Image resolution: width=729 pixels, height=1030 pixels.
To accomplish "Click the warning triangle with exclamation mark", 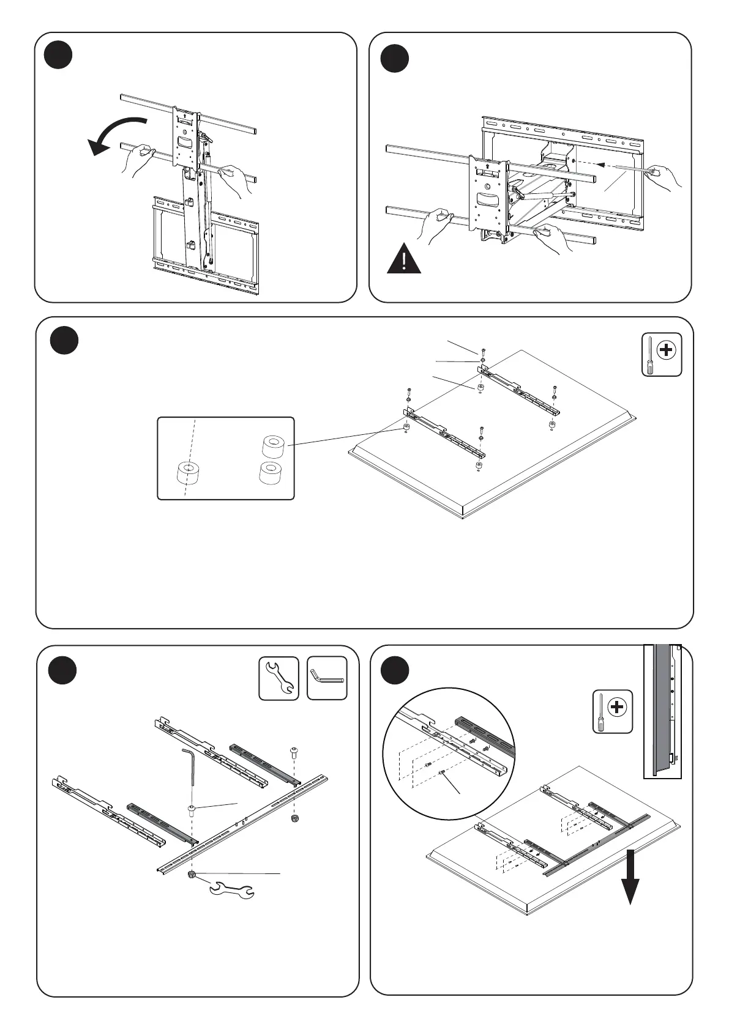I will coord(404,259).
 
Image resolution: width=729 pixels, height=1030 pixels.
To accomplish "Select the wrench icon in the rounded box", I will coord(279,678).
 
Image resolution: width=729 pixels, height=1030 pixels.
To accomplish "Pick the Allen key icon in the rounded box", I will coord(327,678).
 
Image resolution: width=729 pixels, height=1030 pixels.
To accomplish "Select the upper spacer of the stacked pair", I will coord(275,446).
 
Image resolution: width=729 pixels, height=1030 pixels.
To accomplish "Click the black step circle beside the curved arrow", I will coord(59,55).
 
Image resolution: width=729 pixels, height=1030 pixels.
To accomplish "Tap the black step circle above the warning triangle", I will coord(394,59).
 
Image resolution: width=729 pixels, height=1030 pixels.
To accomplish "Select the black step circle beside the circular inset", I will coord(395,671).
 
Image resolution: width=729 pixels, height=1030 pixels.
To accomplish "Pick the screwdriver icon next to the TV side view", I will coord(613,711).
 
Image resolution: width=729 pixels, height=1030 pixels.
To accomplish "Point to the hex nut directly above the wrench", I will coord(192,875).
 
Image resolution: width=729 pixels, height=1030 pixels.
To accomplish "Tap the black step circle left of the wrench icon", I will coord(62,671).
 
